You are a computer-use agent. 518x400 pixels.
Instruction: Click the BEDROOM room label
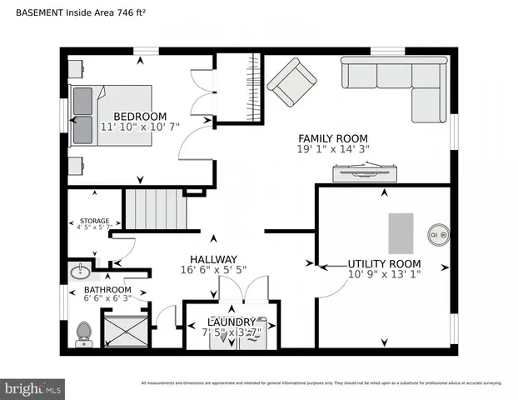(x=140, y=117)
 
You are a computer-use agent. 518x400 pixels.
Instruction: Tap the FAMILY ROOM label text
(x=333, y=138)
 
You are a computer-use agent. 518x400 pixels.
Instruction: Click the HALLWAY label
(x=213, y=259)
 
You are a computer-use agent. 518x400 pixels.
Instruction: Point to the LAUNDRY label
(x=232, y=322)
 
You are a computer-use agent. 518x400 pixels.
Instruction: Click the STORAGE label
(x=93, y=221)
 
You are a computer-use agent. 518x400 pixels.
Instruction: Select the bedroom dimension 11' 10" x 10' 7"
(x=140, y=128)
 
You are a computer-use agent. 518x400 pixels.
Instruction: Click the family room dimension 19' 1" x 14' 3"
(x=333, y=149)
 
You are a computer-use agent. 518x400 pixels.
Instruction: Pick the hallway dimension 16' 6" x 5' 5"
(x=213, y=270)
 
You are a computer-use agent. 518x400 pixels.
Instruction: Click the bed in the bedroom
(x=110, y=115)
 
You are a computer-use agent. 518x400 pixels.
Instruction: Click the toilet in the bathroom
(x=83, y=333)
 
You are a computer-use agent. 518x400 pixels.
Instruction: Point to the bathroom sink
(x=82, y=272)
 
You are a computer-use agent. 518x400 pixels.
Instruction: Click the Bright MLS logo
(x=33, y=388)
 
